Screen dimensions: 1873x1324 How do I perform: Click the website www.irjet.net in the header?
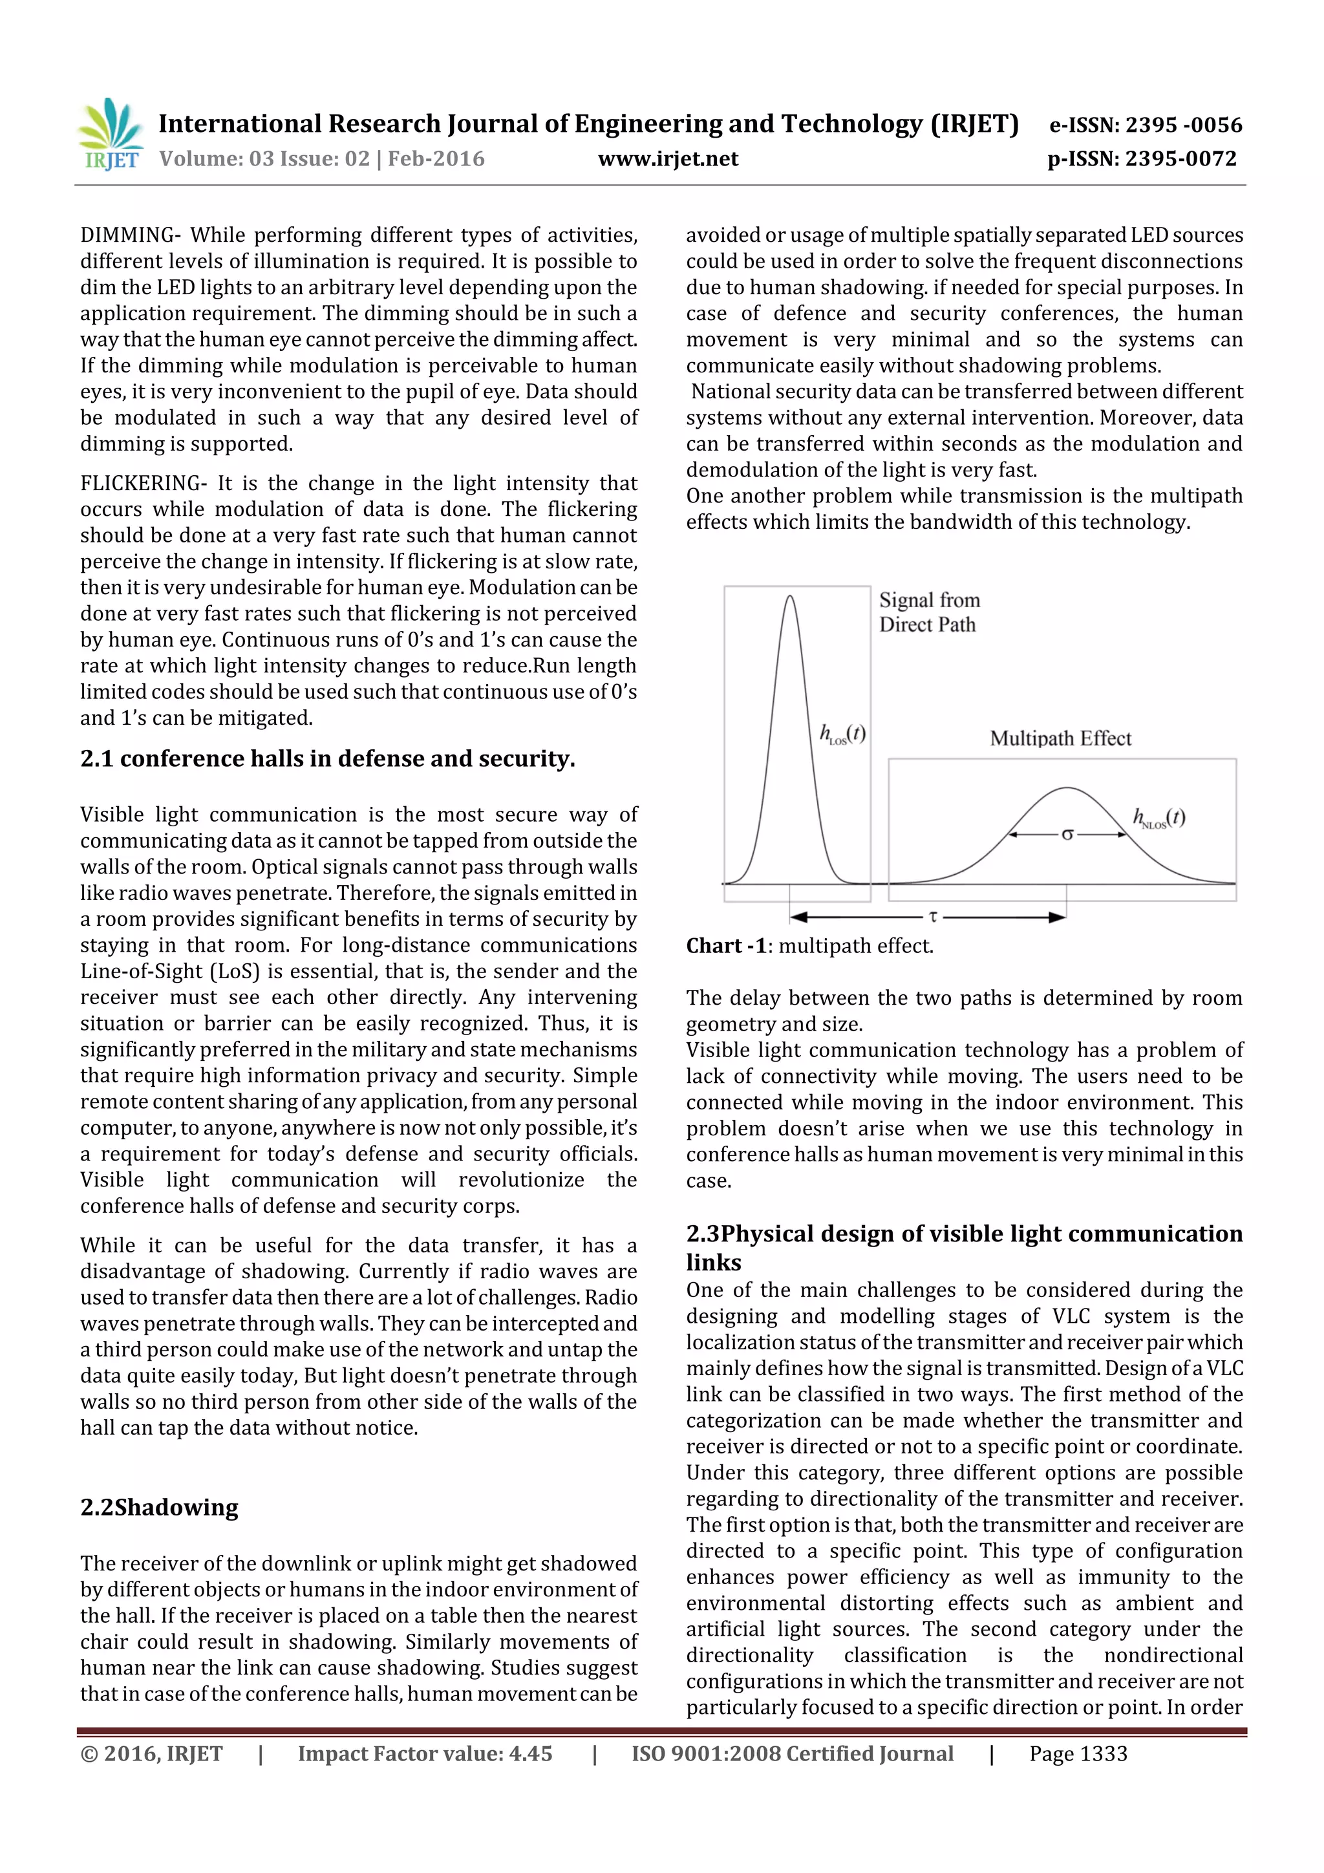667,158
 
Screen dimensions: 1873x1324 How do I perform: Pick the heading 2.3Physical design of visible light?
963,1234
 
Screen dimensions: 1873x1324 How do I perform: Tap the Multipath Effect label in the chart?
1060,738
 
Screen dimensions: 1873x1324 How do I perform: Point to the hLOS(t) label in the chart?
842,734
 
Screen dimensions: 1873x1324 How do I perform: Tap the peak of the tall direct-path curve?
789,597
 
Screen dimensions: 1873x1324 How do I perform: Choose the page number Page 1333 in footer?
1078,1753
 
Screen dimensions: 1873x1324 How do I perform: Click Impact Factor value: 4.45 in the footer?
424,1753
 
